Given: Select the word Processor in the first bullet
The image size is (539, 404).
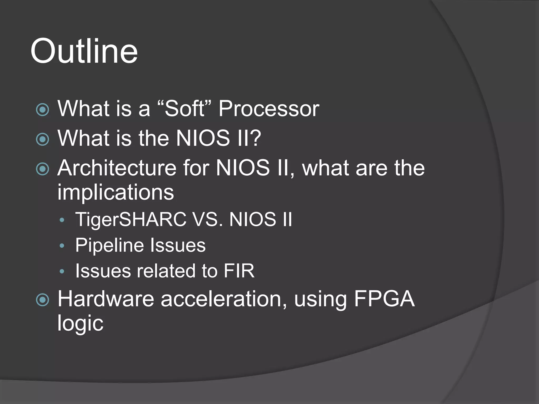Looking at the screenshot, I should [269, 109].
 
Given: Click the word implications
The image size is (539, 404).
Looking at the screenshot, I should [116, 192].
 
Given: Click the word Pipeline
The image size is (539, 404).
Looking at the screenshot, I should [109, 245].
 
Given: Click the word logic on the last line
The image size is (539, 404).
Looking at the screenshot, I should [80, 324].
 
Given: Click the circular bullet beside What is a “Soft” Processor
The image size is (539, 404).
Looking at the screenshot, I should [43, 110].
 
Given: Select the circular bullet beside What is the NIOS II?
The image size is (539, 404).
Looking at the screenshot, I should [43, 139].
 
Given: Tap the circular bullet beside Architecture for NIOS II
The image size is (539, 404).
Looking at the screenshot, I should [43, 169].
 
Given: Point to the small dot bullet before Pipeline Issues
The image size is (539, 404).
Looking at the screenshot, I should [62, 246].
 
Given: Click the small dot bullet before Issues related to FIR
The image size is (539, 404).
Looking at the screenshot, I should [62, 271].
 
